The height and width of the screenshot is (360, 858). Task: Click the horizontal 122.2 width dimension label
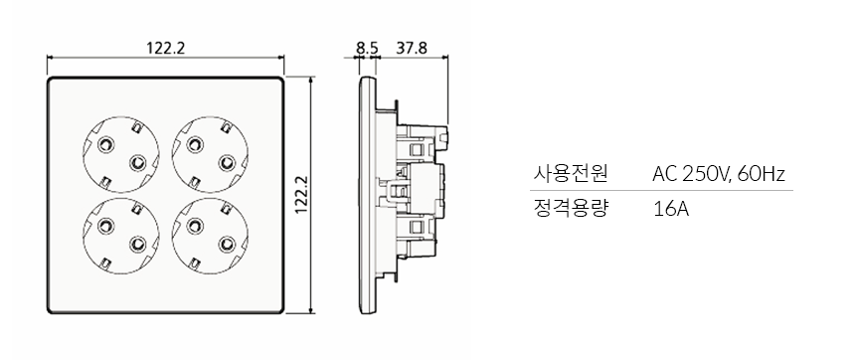(166, 48)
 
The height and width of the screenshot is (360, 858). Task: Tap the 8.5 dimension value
(367, 48)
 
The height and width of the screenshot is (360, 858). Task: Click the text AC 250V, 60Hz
(719, 174)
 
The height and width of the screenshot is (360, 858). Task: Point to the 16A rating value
(671, 210)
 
